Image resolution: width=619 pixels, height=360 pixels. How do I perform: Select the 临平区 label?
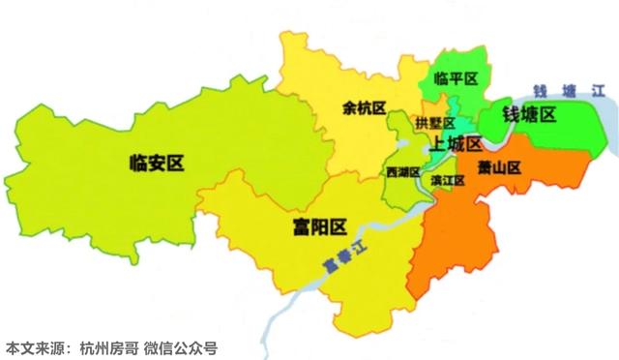457,79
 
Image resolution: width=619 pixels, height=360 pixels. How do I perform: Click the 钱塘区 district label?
528,115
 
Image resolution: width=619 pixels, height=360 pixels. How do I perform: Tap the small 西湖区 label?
402,171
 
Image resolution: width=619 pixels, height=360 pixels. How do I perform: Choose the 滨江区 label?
447,180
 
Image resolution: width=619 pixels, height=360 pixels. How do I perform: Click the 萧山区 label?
499,167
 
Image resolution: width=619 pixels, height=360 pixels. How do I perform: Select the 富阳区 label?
319,228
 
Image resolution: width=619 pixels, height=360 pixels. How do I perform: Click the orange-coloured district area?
464,232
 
